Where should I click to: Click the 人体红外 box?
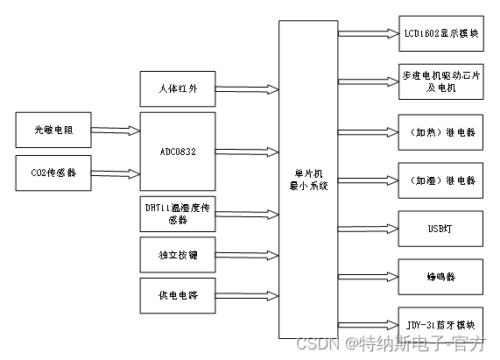pyautogui.click(x=177, y=88)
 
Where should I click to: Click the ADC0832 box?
pyautogui.click(x=177, y=150)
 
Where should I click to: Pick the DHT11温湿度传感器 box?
pyautogui.click(x=177, y=214)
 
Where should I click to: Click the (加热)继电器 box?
pyautogui.click(x=439, y=131)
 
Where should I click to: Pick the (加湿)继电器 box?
pyautogui.click(x=439, y=180)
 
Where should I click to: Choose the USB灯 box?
pyautogui.click(x=439, y=228)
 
